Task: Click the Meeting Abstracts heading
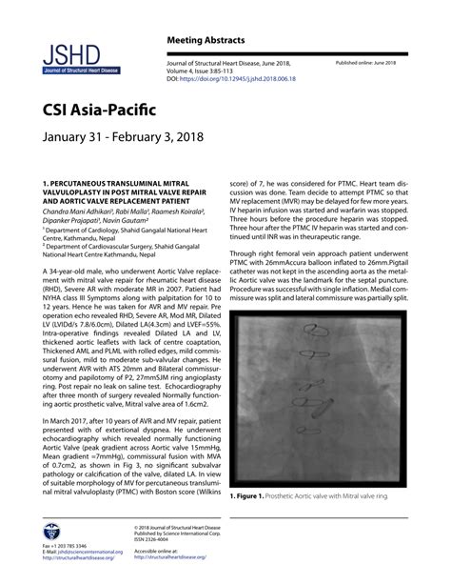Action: pyautogui.click(x=207, y=40)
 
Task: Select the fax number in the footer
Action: pyautogui.click(x=67, y=545)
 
